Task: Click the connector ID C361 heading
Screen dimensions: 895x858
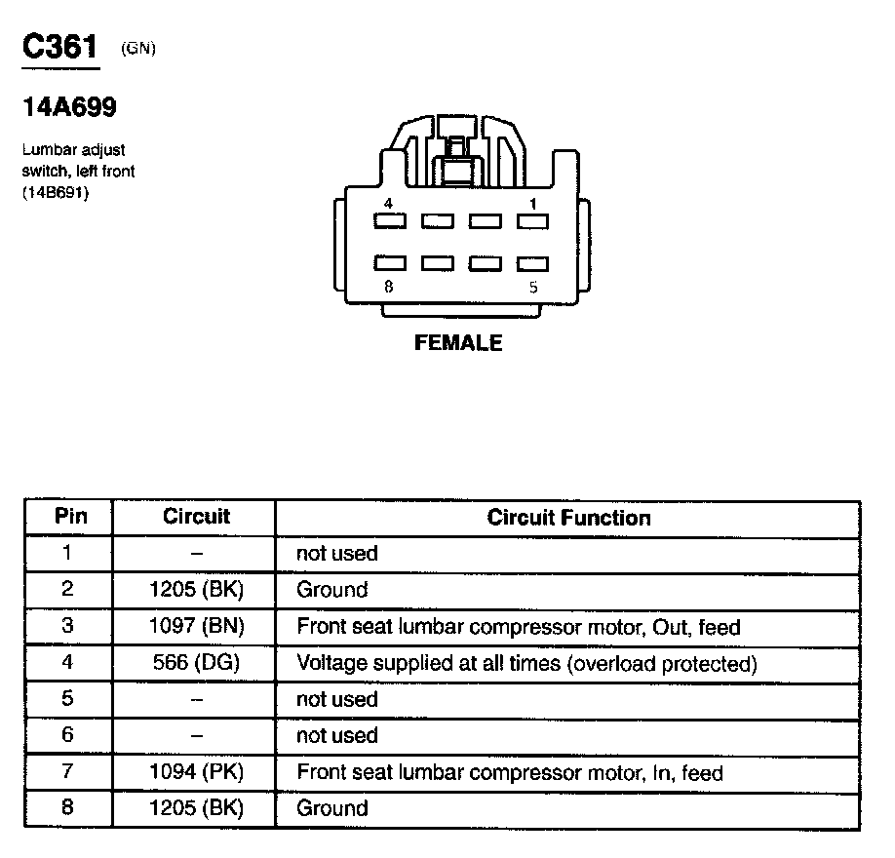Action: tap(60, 49)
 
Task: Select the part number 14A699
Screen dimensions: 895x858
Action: tap(69, 108)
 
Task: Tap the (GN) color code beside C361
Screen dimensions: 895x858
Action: tap(138, 49)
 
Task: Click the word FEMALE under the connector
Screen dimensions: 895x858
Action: tap(458, 343)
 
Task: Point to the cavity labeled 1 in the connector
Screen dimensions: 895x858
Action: tap(532, 221)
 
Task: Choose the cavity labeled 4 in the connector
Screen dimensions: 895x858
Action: tap(389, 221)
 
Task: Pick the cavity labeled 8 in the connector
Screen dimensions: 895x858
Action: tap(389, 263)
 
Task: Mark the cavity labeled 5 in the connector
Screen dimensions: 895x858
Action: tap(532, 263)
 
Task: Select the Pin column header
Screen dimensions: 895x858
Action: tap(69, 517)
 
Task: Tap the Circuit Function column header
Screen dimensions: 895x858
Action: tap(568, 518)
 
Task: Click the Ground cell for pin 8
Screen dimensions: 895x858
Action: tap(332, 808)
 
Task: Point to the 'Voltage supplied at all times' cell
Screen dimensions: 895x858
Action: tap(526, 664)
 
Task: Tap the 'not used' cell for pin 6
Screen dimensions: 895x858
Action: tap(336, 736)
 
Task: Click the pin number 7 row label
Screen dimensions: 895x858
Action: tap(67, 772)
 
